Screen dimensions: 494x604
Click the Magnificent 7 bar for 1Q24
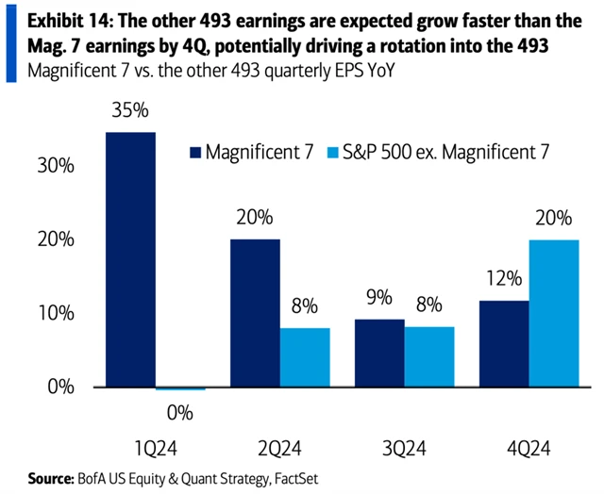click(129, 259)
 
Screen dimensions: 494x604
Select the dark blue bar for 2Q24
click(255, 313)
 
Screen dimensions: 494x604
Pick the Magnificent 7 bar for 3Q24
click(380, 354)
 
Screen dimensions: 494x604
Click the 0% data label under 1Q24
click(179, 411)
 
